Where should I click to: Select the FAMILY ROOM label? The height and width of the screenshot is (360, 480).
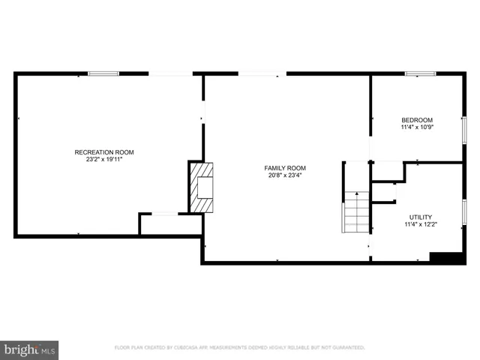(285, 168)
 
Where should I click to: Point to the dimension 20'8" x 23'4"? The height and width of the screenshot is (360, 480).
(285, 175)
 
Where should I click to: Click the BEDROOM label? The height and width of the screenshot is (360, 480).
(417, 120)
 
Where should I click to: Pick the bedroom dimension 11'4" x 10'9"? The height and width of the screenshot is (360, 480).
(417, 127)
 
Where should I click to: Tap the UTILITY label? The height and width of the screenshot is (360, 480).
(420, 217)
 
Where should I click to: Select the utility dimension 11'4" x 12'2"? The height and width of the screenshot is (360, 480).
(420, 224)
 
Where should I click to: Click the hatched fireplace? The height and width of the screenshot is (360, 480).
(201, 187)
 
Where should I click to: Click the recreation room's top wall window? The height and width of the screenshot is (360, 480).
(103, 73)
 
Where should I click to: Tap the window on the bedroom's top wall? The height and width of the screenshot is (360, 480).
(420, 73)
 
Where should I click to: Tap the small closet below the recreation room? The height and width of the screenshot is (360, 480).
(169, 224)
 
